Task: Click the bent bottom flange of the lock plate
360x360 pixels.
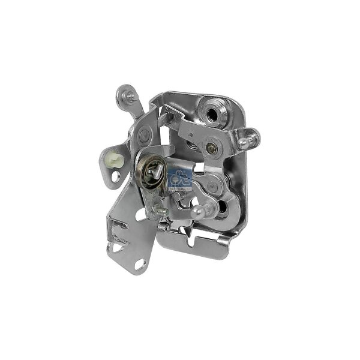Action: pyautogui.click(x=198, y=246)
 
